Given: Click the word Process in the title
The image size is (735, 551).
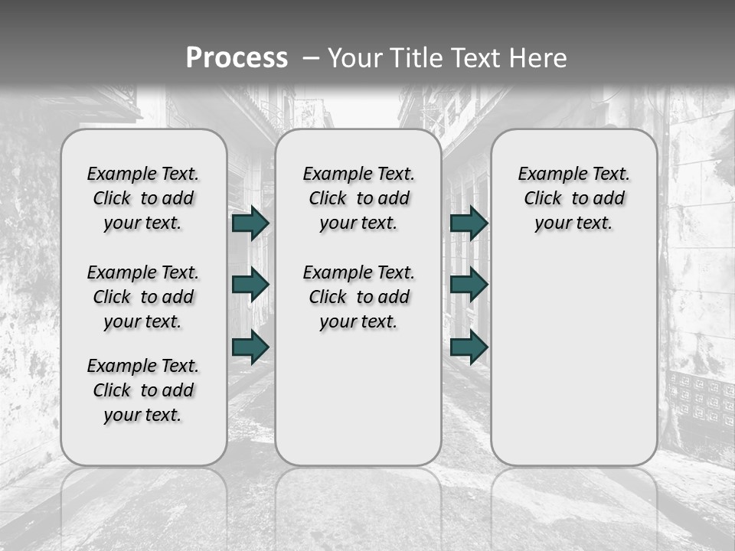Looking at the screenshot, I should point(237,58).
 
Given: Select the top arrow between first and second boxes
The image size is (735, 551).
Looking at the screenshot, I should point(250,223).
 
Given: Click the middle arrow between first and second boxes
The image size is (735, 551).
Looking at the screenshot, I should point(250,285).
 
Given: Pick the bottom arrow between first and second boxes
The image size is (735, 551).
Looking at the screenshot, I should point(250,347).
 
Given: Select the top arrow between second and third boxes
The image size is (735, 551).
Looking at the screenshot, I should point(469,223).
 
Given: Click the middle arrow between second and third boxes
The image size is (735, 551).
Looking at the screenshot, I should point(469,285).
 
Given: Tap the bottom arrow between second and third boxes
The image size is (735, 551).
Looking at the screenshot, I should point(469,347).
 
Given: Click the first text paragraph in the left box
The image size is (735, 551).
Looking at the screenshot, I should point(143,198).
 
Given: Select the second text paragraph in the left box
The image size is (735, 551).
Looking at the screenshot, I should point(143,297).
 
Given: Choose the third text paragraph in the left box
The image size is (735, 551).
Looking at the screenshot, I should point(143,390).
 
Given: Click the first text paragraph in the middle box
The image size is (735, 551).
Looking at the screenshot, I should point(358,198).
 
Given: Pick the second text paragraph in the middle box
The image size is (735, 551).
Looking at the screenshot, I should point(358,297).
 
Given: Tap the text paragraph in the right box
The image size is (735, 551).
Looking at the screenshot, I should point(573,198).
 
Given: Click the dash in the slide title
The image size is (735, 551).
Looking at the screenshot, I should point(310,58).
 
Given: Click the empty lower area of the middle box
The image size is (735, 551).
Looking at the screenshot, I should point(358,398).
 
